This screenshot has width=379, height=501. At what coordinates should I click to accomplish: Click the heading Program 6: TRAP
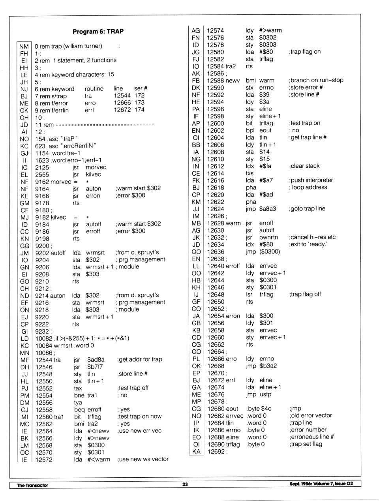(98, 32)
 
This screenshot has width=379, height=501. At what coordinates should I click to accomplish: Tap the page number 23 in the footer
(185, 484)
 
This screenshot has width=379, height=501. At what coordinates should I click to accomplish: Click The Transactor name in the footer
(32, 485)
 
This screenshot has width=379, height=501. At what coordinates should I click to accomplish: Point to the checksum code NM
(24, 46)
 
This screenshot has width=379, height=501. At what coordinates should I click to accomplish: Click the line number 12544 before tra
(44, 360)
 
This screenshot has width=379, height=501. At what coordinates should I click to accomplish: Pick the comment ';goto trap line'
(307, 209)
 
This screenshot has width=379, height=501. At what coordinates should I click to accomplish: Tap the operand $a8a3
(268, 209)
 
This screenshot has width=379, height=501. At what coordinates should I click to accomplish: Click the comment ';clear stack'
(304, 166)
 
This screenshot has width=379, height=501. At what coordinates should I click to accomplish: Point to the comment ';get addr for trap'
(140, 360)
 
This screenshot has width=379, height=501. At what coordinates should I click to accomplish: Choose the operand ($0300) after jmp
(270, 251)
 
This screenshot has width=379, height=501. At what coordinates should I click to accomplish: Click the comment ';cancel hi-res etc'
(312, 237)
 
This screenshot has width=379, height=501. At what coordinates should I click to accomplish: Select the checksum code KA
(196, 452)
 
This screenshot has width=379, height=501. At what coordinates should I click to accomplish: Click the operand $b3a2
(268, 366)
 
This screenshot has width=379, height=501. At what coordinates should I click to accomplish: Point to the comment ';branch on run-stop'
(316, 80)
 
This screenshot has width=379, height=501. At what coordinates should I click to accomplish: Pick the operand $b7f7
(95, 367)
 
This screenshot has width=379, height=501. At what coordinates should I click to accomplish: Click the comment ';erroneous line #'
(311, 437)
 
